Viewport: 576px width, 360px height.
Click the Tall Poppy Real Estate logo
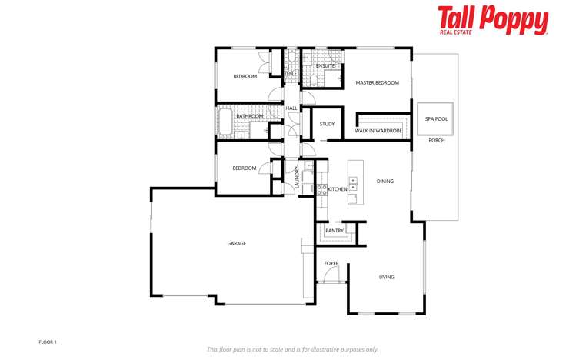pyautogui.click(x=493, y=20)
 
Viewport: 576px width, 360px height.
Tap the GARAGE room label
pyautogui.click(x=236, y=244)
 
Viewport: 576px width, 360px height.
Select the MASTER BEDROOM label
pyautogui.click(x=377, y=82)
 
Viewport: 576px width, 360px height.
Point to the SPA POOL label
pyautogui.click(x=436, y=119)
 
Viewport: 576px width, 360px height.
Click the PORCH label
pyautogui.click(x=436, y=141)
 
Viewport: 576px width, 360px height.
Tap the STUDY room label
pyautogui.click(x=327, y=123)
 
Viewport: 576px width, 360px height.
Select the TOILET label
pyautogui.click(x=291, y=74)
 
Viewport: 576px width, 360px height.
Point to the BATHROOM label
pyautogui.click(x=250, y=116)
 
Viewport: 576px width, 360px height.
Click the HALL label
pyautogui.click(x=291, y=108)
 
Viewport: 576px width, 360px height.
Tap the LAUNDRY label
pyautogui.click(x=296, y=178)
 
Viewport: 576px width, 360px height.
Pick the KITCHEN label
pyautogui.click(x=338, y=189)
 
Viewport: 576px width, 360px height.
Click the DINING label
pyautogui.click(x=385, y=182)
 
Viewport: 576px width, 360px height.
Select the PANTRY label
pyautogui.click(x=335, y=231)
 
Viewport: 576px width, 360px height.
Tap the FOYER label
pyautogui.click(x=331, y=264)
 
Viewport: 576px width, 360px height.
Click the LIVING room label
pyautogui.click(x=386, y=278)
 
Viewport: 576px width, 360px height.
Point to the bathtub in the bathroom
pyautogui.click(x=226, y=122)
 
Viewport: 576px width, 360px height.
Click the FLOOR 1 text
pyautogui.click(x=48, y=342)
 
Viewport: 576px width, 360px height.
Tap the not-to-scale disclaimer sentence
pyautogui.click(x=292, y=349)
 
